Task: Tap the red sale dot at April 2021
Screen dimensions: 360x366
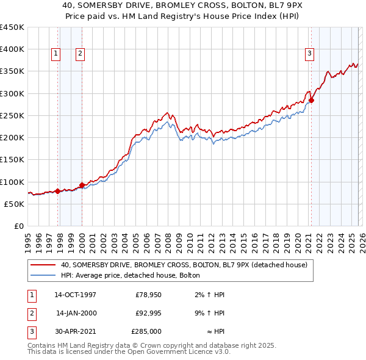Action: (311, 100)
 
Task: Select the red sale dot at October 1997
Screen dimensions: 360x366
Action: (58, 191)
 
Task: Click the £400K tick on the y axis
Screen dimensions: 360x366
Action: (12, 49)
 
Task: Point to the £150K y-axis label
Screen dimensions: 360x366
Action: (12, 160)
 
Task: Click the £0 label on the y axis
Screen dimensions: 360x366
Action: (19, 226)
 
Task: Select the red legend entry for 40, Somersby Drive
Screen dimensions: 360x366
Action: (184, 265)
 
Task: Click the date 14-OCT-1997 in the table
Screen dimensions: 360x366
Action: (75, 295)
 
